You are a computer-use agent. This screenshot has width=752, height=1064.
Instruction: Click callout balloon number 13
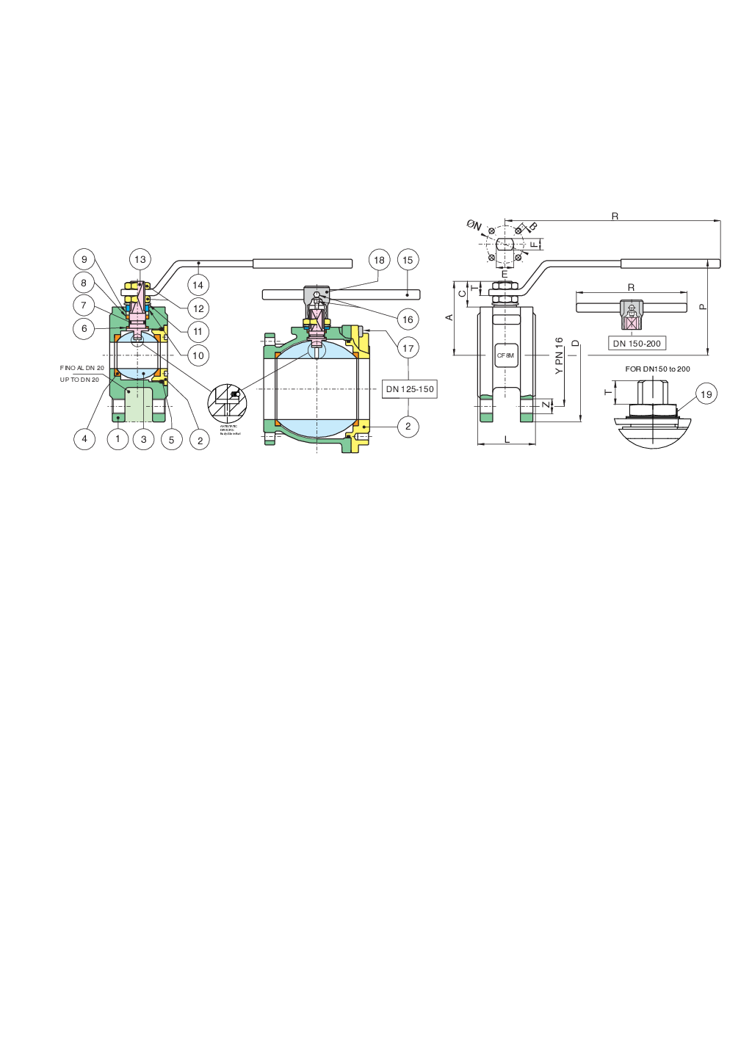[140, 259]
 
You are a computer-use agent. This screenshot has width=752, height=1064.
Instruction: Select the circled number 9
[84, 259]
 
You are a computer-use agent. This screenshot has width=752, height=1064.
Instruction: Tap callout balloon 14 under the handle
[198, 285]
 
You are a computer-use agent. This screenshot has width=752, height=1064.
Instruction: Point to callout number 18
[379, 260]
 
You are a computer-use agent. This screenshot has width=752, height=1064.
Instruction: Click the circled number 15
[408, 260]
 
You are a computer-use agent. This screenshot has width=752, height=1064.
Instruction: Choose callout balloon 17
[408, 348]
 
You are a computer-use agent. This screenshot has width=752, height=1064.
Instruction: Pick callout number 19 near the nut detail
[706, 394]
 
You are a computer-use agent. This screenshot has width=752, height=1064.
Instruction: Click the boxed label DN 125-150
[410, 389]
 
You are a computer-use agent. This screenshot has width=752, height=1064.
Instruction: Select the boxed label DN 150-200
[637, 344]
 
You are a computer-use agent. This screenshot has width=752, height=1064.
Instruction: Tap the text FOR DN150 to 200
[657, 369]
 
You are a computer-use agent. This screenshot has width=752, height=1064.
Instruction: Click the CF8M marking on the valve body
[506, 355]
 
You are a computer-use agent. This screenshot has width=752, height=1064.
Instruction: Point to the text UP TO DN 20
[79, 380]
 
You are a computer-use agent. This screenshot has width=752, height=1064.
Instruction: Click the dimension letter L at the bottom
[507, 439]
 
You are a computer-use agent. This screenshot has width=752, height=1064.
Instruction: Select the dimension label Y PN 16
[559, 356]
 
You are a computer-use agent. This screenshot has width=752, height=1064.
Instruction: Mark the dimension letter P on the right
[702, 307]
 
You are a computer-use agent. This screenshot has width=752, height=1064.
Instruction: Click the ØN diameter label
[474, 225]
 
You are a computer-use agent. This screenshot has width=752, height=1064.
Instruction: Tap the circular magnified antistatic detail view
[227, 402]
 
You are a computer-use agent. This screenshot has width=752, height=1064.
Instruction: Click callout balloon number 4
[84, 439]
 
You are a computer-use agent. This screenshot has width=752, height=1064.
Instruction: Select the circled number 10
[198, 355]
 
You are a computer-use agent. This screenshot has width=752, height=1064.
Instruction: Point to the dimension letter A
[449, 317]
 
